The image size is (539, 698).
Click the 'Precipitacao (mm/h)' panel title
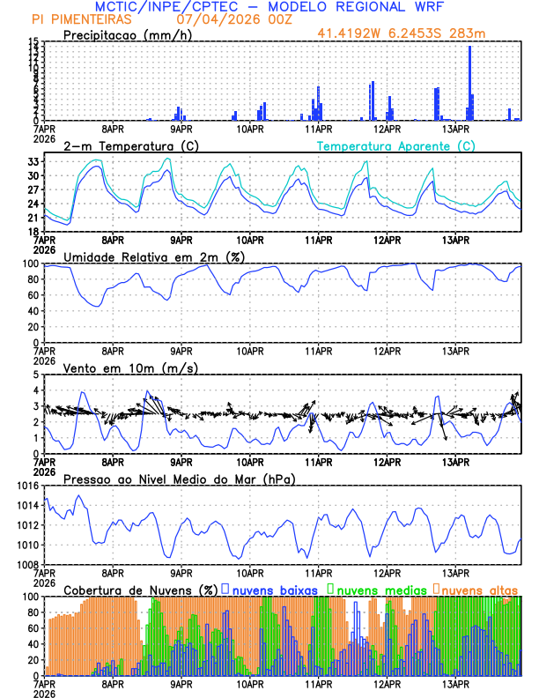[126, 34]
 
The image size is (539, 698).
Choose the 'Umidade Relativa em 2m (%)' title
[154, 256]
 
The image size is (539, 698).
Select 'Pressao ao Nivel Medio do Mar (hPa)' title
[179, 479]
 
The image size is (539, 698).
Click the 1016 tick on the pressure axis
[27, 486]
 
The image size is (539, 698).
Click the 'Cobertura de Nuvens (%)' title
[141, 589]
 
